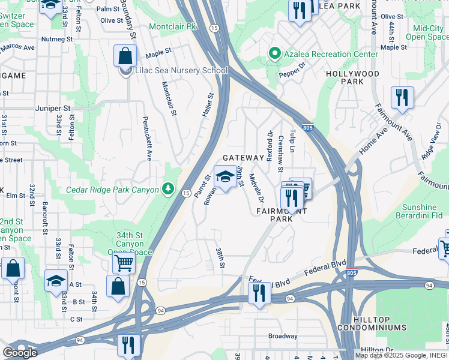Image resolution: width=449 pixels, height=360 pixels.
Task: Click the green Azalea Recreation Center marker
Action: point(275,54)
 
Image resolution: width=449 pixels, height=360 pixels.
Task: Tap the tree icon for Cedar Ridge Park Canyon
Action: point(169,190)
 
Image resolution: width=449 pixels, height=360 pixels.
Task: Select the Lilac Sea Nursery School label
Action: point(181,71)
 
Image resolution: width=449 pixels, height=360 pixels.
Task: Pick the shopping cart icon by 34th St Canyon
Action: point(124,262)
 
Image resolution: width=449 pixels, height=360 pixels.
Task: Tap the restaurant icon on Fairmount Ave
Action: point(402,97)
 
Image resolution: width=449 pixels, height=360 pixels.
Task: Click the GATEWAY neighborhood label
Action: point(243,158)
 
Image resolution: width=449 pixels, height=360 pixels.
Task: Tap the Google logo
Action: point(20,352)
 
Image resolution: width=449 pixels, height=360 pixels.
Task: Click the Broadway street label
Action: point(283,336)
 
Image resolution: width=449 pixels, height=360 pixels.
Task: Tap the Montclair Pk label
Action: point(173,28)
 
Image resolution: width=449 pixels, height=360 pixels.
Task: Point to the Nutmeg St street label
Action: point(56,39)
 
